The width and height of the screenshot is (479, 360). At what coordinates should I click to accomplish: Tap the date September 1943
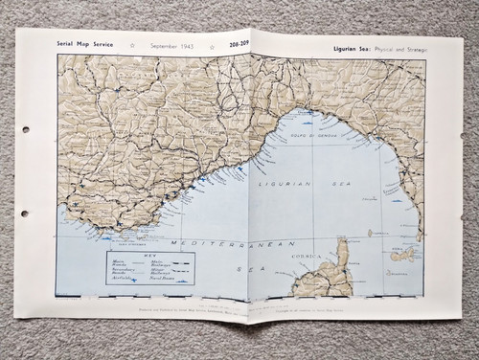[x=171, y=45]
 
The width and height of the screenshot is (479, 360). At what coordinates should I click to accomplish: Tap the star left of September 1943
[x=133, y=45]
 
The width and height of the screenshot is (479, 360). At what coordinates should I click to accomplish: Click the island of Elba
[x=402, y=256]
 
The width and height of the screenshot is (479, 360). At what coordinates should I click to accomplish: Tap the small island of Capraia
[x=371, y=233]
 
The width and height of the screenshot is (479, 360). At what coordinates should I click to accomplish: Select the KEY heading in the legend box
[x=149, y=256]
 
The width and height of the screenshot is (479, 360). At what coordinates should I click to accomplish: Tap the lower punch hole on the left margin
[x=25, y=214]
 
